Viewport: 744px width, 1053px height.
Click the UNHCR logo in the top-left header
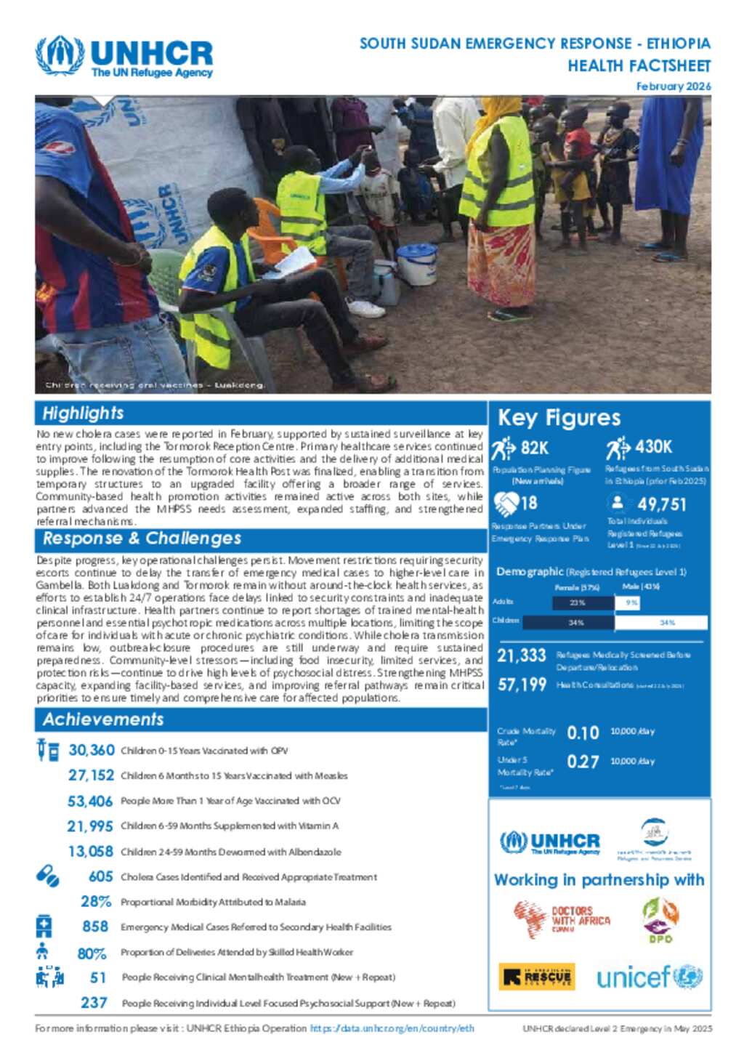(124, 57)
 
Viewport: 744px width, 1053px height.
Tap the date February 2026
(673, 86)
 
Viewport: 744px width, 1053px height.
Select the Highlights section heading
(83, 413)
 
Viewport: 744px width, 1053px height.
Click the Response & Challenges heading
(142, 538)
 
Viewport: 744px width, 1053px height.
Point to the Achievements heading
(103, 719)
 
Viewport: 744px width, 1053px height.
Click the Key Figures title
(559, 418)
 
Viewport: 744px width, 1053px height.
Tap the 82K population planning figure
(534, 448)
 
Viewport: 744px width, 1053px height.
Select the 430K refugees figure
(653, 447)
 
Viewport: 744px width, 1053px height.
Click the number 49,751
(661, 504)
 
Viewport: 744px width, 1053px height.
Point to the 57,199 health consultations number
(522, 685)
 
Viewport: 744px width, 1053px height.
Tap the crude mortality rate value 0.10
(583, 733)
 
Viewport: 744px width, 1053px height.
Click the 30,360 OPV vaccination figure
(92, 750)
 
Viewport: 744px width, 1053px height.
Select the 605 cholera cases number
(100, 876)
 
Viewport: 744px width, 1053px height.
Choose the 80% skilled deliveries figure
(92, 953)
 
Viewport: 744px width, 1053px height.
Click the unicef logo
(649, 977)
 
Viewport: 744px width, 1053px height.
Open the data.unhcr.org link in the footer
(392, 1028)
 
